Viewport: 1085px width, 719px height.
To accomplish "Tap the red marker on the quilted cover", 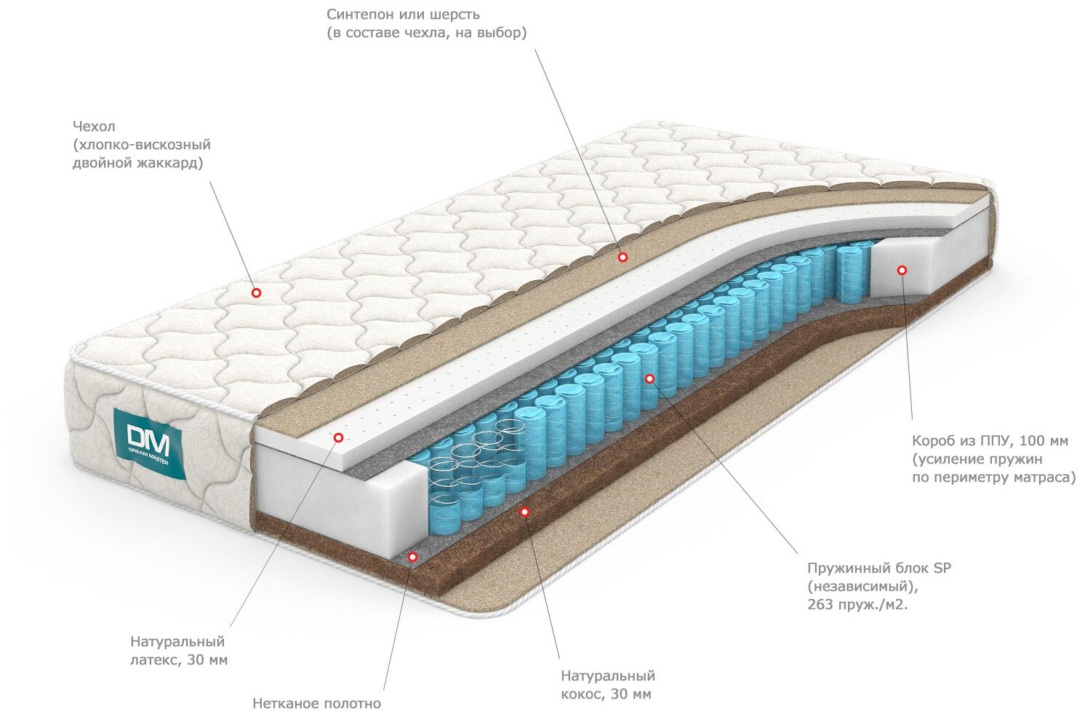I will pyautogui.click(x=256, y=293).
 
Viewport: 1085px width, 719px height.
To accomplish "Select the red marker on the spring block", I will pyautogui.click(x=649, y=378).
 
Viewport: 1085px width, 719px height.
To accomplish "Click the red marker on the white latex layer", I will pyautogui.click(x=338, y=437).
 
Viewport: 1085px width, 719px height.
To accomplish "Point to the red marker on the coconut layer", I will pyautogui.click(x=524, y=512).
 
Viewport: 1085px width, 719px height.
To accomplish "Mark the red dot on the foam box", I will pyautogui.click(x=902, y=270).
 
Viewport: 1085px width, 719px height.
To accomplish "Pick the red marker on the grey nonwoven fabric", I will pyautogui.click(x=412, y=557).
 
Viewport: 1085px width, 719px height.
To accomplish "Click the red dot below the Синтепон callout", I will pyautogui.click(x=622, y=257).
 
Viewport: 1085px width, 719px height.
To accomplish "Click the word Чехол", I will pyautogui.click(x=94, y=127).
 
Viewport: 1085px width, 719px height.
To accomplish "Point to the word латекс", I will pyautogui.click(x=155, y=660).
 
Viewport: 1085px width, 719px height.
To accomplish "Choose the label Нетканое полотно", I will pyautogui.click(x=316, y=704).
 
